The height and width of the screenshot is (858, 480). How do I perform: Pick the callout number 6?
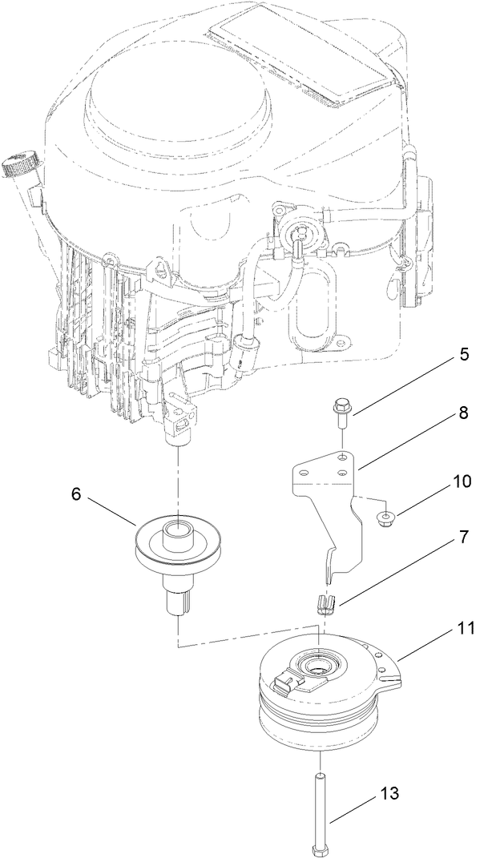click(x=78, y=495)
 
